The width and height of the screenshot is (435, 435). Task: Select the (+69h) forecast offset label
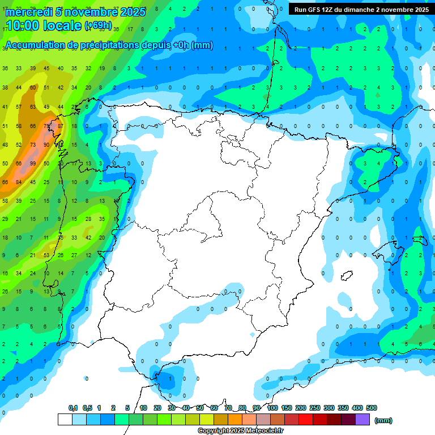pyautogui.click(x=98, y=26)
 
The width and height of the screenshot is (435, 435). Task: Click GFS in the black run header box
pyautogui.click(x=315, y=10)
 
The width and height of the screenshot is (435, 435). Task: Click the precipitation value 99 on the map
pyautogui.click(x=33, y=164)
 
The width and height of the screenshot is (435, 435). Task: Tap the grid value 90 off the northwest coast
pyautogui.click(x=46, y=145)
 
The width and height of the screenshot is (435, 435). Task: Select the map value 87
pyautogui.click(x=60, y=126)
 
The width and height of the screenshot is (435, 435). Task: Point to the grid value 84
pyautogui.click(x=19, y=182)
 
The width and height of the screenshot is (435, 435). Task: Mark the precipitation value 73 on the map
pyautogui.click(x=33, y=145)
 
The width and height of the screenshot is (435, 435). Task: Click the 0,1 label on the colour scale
pyautogui.click(x=72, y=408)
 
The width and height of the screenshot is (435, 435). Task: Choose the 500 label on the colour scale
pyautogui.click(x=372, y=408)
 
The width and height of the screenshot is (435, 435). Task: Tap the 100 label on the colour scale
pyautogui.click(x=272, y=408)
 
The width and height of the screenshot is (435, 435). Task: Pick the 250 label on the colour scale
pyautogui.click(x=315, y=408)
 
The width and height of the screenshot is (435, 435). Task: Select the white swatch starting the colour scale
pyautogui.click(x=65, y=420)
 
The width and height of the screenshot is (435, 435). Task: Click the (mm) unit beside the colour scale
pyautogui.click(x=383, y=420)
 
